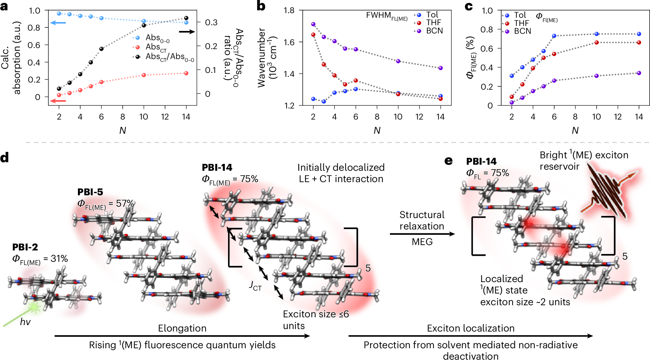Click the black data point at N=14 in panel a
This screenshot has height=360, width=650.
pyautogui.click(x=186, y=18)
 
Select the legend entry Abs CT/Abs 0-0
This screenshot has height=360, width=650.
pyautogui.click(x=169, y=57)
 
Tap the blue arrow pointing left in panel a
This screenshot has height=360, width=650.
pyautogui.click(x=58, y=23)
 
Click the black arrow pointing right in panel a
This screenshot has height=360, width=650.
pyautogui.click(x=187, y=32)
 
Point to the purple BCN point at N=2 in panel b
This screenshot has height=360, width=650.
pyautogui.click(x=313, y=24)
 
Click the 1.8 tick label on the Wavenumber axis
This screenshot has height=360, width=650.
pyautogui.click(x=289, y=10)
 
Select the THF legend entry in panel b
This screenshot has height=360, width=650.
pyautogui.click(x=433, y=23)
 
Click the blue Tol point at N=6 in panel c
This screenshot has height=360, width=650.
pyautogui.click(x=554, y=36)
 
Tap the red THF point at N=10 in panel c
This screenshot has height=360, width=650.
pyautogui.click(x=597, y=43)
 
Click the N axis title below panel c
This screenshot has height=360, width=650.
pyautogui.click(x=575, y=131)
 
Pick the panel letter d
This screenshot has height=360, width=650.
pyautogui.click(x=5, y=158)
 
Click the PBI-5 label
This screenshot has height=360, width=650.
pyautogui.click(x=90, y=192)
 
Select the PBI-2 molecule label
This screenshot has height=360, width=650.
pyautogui.click(x=25, y=247)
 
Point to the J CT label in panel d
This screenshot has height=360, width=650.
pyautogui.click(x=255, y=286)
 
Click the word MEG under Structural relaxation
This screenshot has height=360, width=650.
pyautogui.click(x=422, y=242)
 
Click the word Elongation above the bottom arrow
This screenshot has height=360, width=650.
pyautogui.click(x=182, y=328)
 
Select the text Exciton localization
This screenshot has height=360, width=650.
pyautogui.click(x=470, y=328)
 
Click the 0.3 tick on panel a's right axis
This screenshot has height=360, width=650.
pyautogui.click(x=211, y=22)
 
